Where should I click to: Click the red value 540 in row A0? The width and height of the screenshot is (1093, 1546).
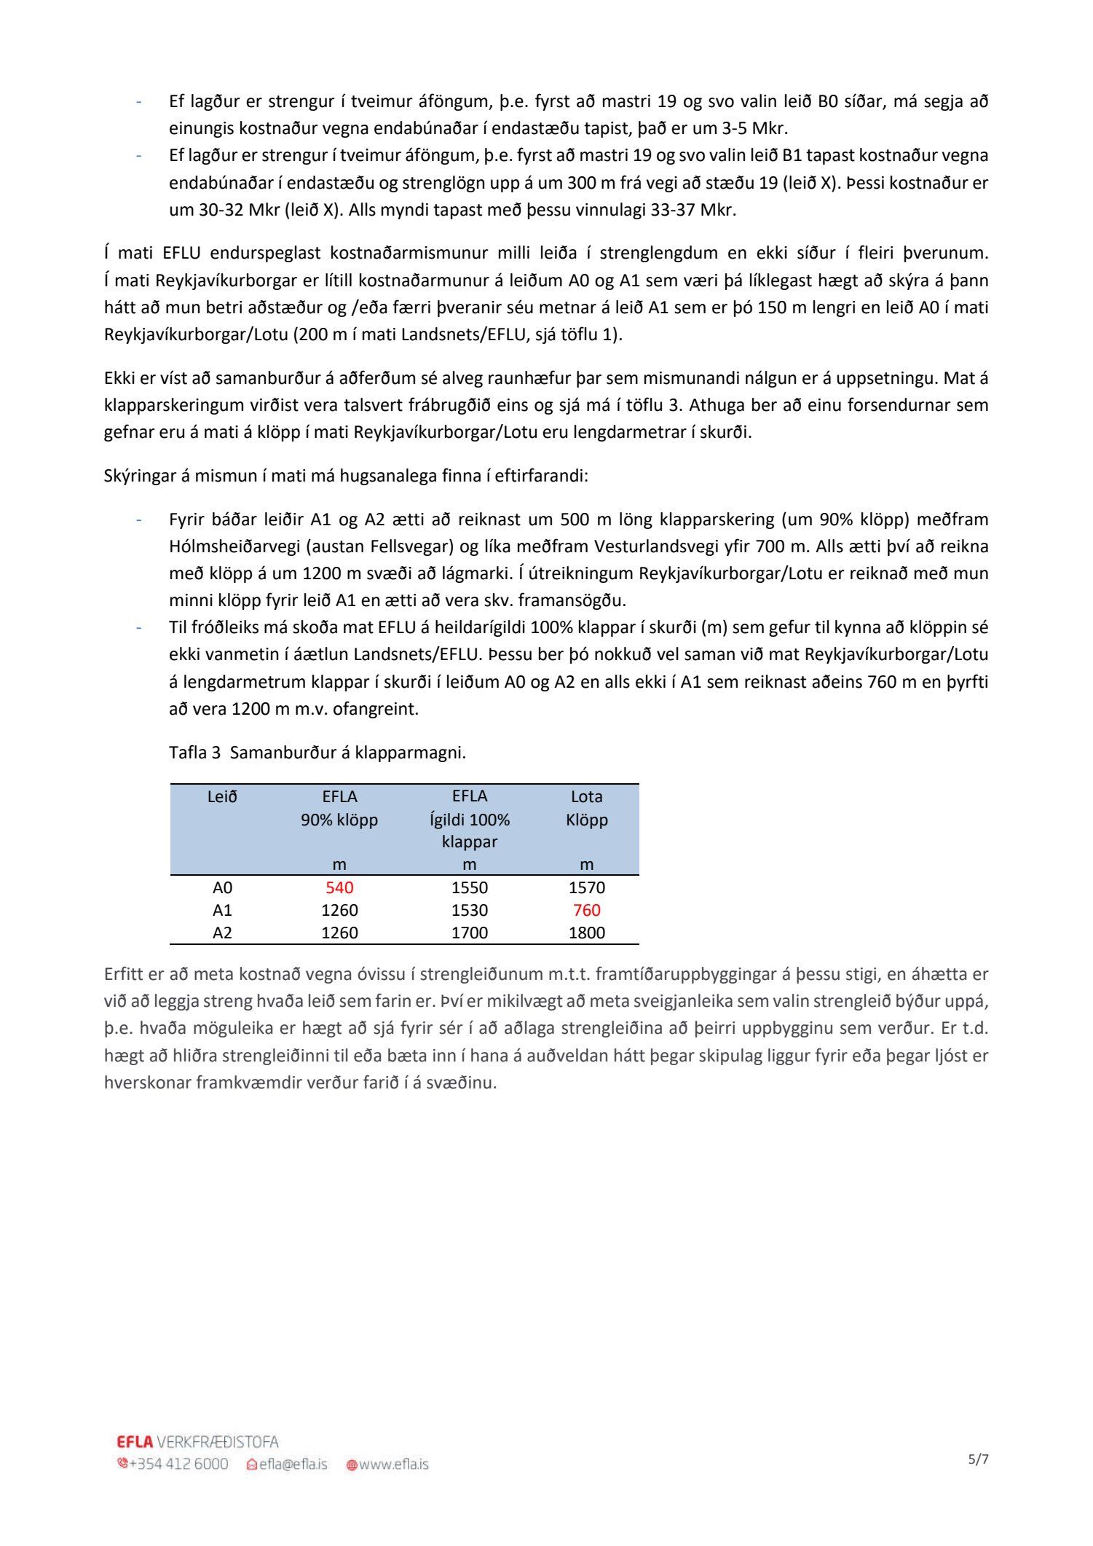point(339,887)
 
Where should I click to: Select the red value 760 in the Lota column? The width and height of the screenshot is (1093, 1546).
point(586,910)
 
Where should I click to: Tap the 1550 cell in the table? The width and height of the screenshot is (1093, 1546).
point(470,887)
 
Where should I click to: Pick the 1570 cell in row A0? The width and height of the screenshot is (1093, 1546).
point(586,887)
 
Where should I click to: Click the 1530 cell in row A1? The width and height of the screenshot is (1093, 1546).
point(470,910)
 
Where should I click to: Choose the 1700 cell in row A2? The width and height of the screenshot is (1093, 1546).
point(470,933)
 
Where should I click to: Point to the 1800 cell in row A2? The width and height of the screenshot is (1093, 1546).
point(586,933)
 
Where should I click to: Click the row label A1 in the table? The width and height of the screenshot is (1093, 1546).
point(222,910)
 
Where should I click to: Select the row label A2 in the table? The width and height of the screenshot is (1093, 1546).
point(222,933)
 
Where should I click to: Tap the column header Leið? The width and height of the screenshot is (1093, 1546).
point(222,796)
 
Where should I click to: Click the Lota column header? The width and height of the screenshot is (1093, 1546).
point(586,796)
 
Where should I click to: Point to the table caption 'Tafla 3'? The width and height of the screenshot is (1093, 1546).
point(194,753)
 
